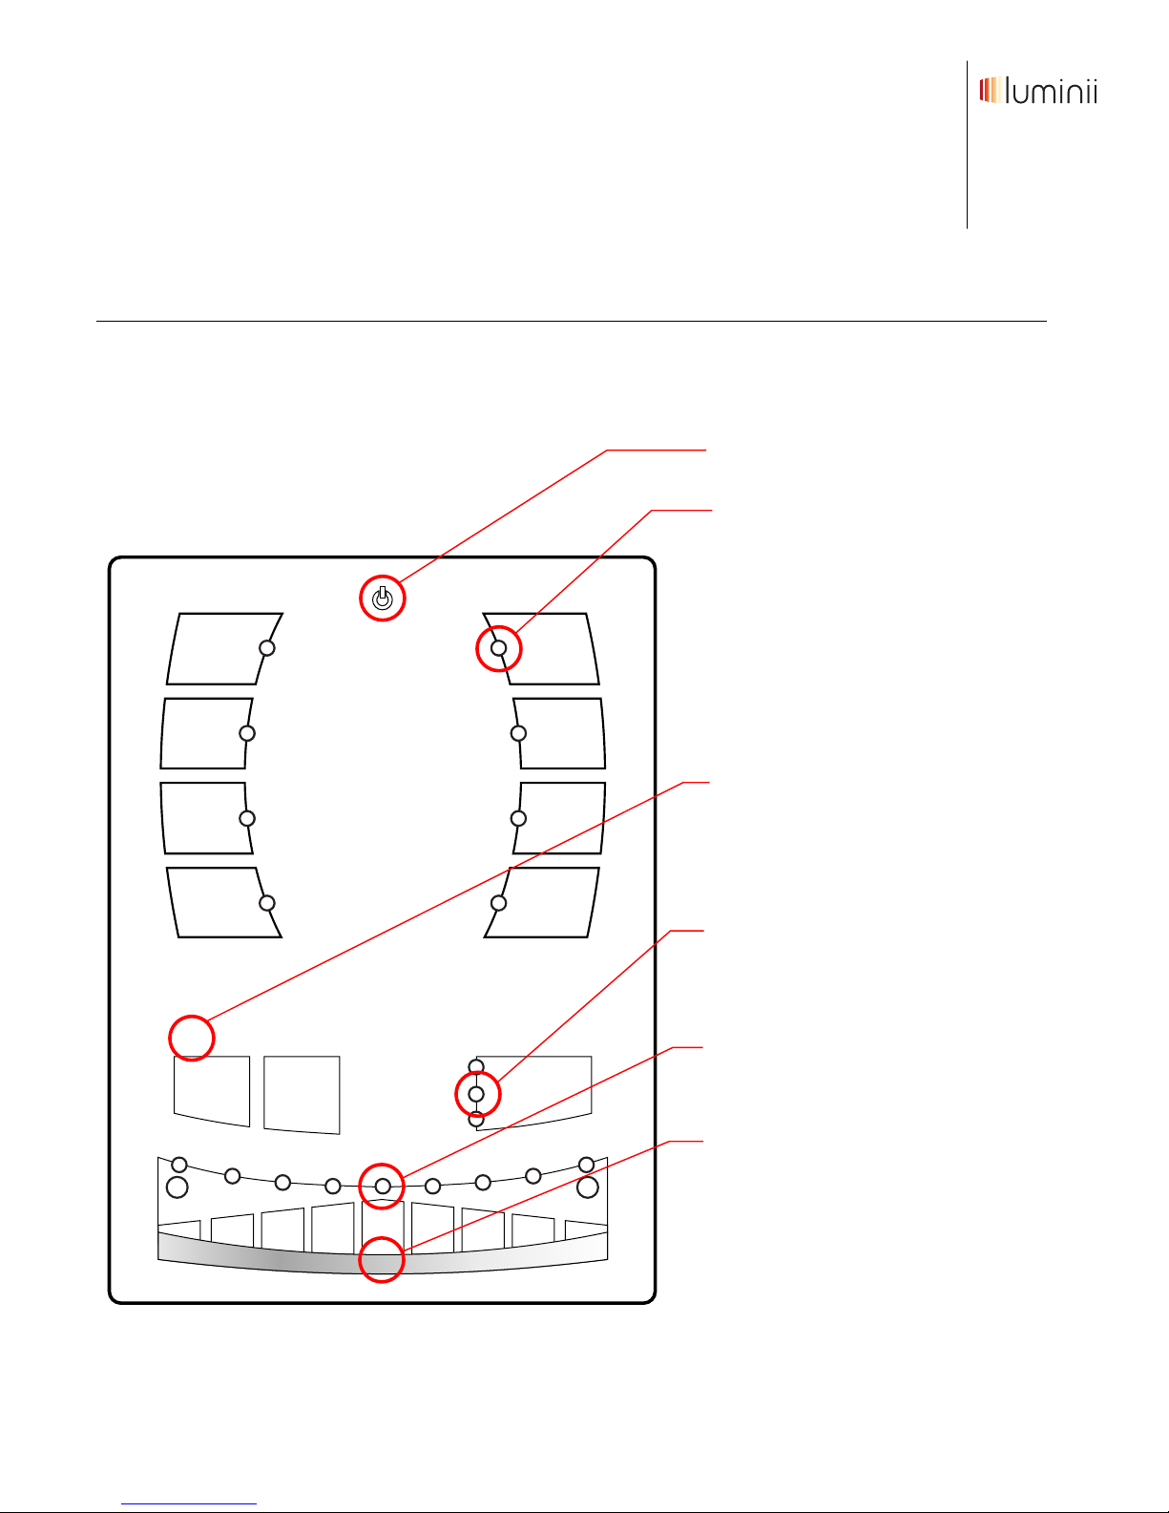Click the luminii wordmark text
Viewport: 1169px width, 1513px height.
[1052, 92]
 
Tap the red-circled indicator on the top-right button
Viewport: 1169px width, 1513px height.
[498, 648]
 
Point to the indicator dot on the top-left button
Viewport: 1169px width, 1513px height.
[267, 648]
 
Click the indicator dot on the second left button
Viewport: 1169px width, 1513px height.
[247, 733]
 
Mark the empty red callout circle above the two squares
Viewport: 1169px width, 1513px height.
[192, 1037]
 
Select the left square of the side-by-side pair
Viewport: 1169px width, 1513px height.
[212, 1090]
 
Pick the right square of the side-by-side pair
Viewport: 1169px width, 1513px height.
[302, 1094]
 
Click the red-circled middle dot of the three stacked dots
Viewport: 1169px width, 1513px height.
[477, 1093]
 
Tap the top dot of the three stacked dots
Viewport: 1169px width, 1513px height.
[476, 1067]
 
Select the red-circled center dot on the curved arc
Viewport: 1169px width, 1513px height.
[383, 1186]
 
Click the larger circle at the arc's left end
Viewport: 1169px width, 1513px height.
[177, 1187]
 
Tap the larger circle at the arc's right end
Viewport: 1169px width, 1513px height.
[588, 1187]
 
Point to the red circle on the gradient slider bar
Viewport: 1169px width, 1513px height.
[382, 1259]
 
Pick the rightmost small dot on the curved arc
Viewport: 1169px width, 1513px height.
[587, 1165]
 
